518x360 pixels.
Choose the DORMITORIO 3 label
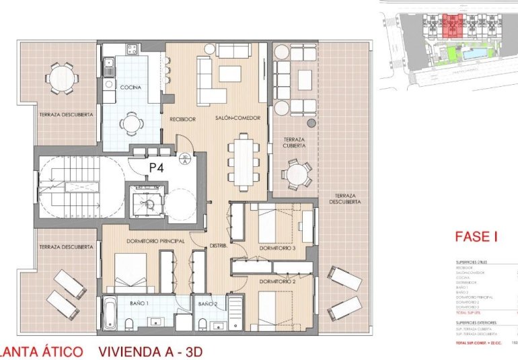[x=279, y=248]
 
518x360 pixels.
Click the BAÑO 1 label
[x=139, y=304]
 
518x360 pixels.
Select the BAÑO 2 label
[x=207, y=304]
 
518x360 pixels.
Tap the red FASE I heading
[x=476, y=236]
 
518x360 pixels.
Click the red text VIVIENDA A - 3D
[x=150, y=351]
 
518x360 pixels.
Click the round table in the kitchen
[x=131, y=122]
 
